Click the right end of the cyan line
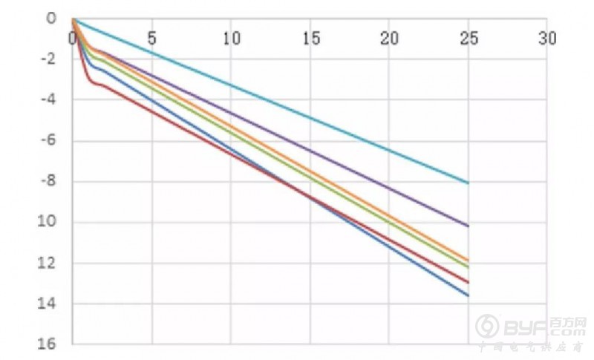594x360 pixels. tap(469, 183)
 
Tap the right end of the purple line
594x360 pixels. tap(469, 226)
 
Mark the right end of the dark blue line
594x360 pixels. tap(469, 295)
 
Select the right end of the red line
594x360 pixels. tap(469, 282)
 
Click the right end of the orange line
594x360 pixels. tap(469, 260)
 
